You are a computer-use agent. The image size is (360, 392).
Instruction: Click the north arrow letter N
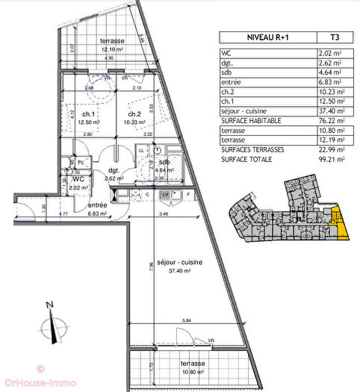pyautogui.click(x=48, y=305)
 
